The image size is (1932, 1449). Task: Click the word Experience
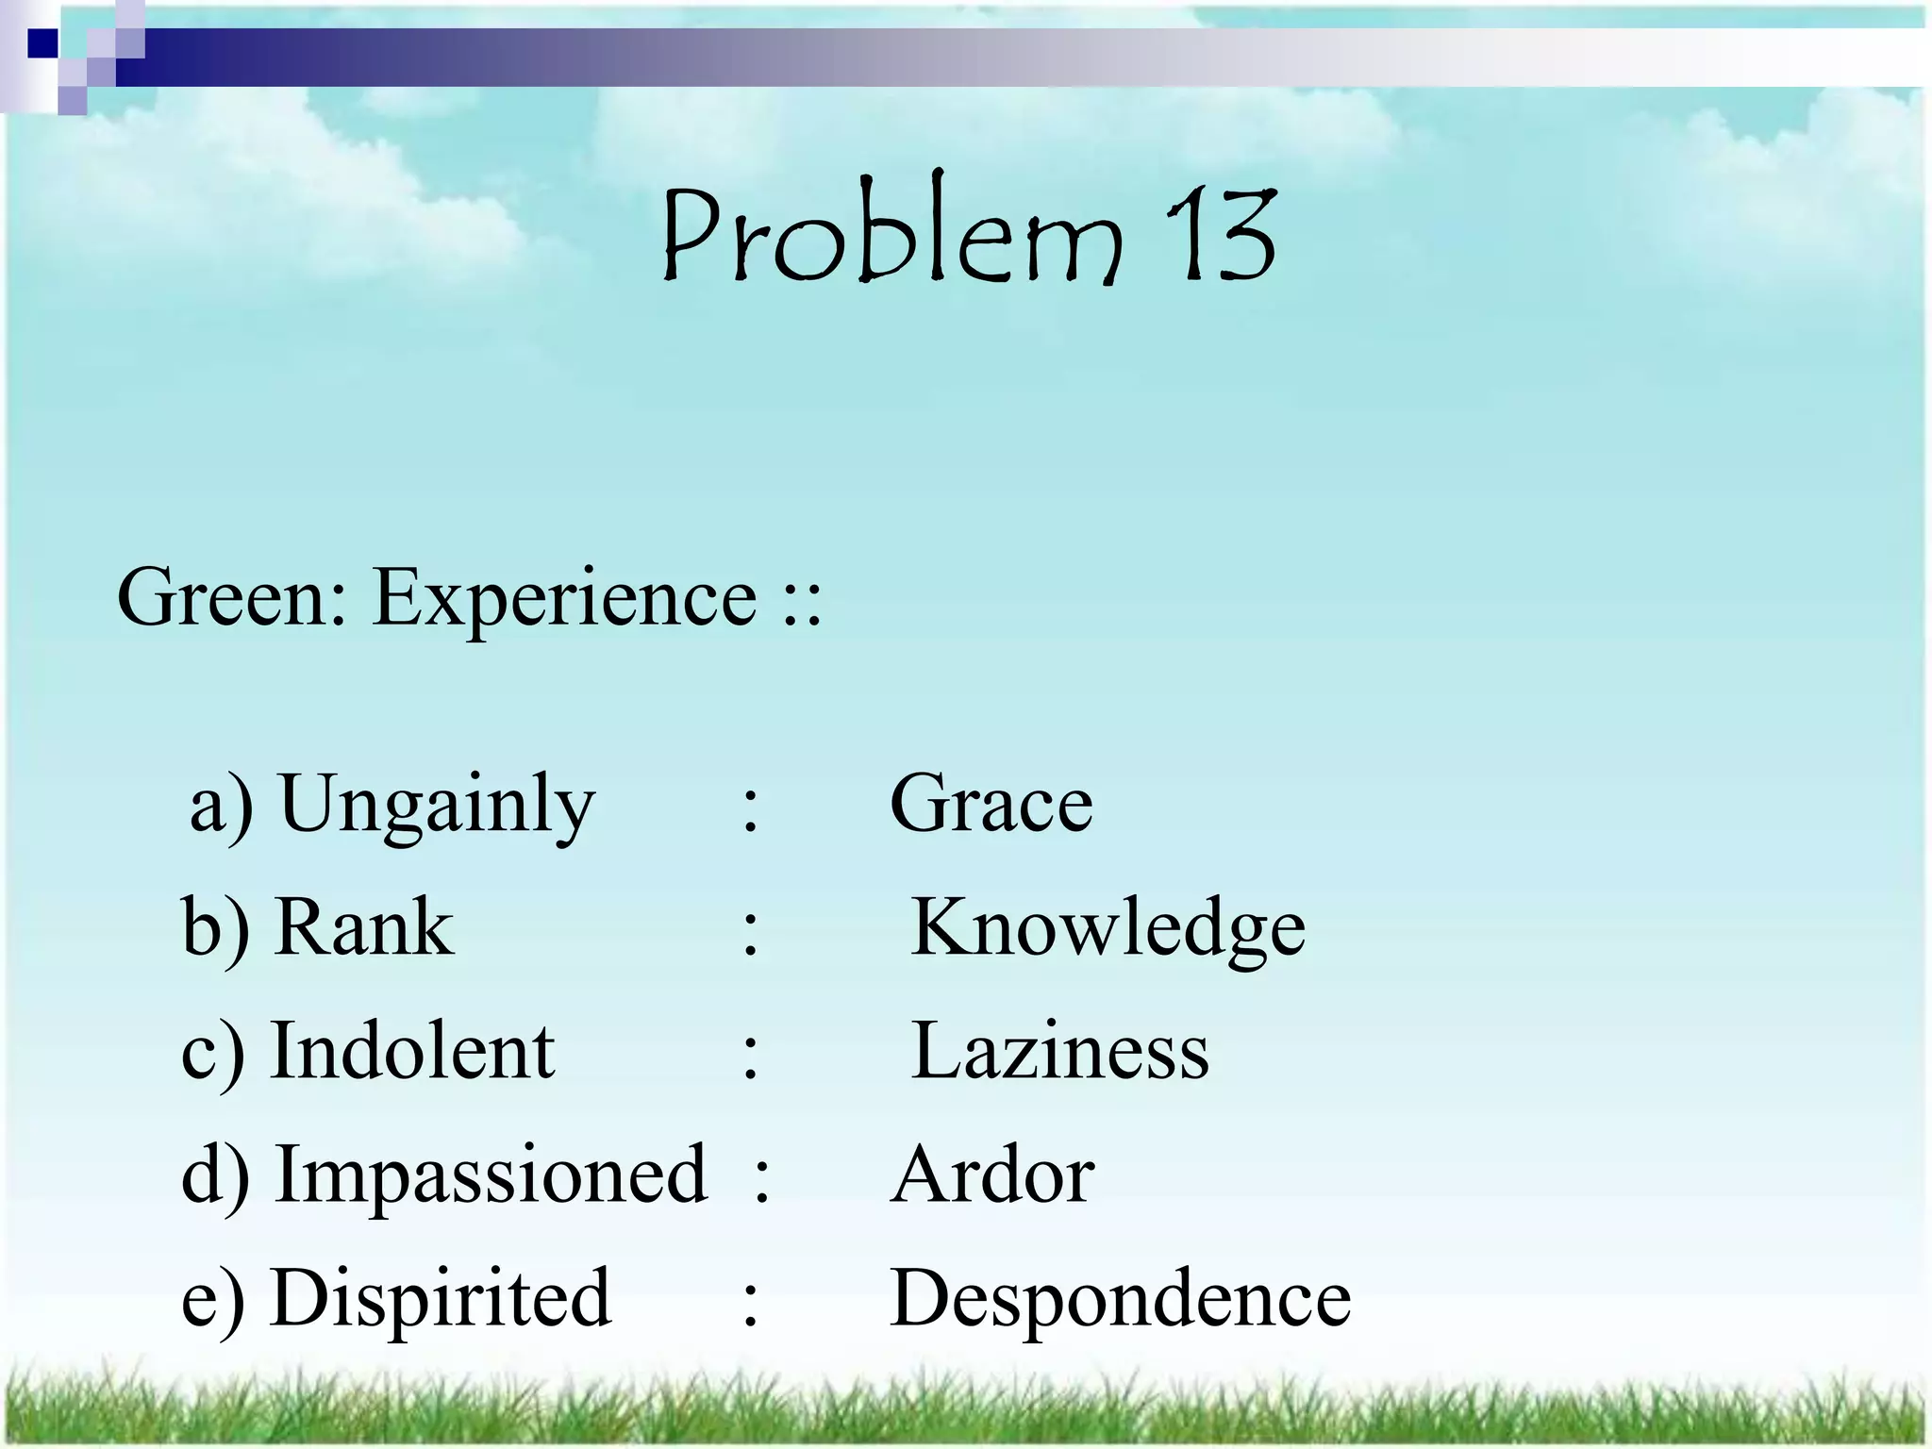[x=564, y=599]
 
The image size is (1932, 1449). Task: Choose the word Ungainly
[x=437, y=805]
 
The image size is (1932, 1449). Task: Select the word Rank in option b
[x=363, y=927]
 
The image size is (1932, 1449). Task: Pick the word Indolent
[x=412, y=1051]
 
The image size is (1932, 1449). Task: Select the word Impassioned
[x=491, y=1174]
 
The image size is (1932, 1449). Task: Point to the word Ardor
[x=992, y=1175]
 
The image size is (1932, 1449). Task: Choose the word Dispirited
[x=441, y=1298]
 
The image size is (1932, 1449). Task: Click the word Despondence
[x=1120, y=1300]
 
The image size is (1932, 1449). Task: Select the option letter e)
[x=212, y=1300]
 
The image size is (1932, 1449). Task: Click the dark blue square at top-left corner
[x=42, y=43]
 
